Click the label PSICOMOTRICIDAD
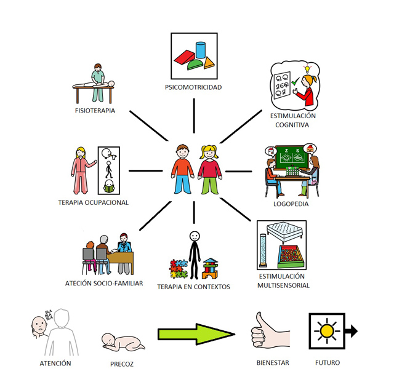coord(194,87)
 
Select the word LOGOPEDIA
coord(291,204)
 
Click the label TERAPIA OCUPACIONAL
coord(94,202)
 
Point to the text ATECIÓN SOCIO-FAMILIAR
coord(104,283)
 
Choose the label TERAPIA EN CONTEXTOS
coord(193,287)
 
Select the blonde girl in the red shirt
coord(209,169)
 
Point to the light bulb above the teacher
coord(300,69)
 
